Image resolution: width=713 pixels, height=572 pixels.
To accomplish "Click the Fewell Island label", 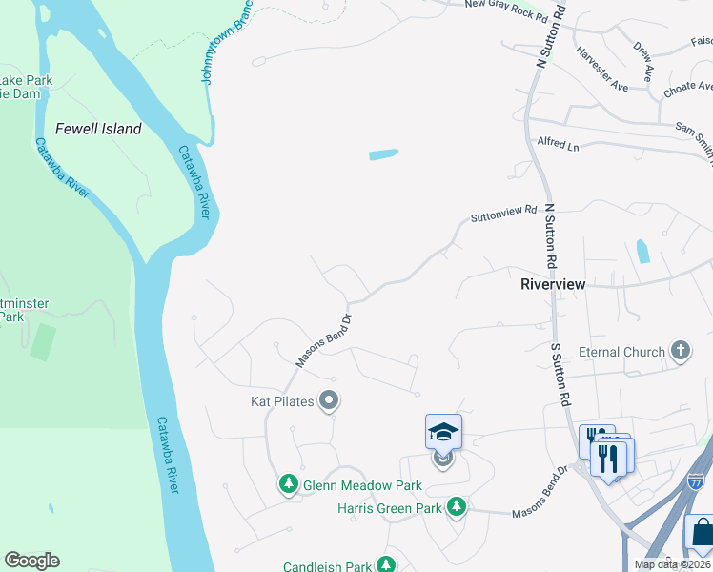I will pyautogui.click(x=98, y=129).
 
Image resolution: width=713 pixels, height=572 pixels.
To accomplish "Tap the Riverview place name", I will pyautogui.click(x=553, y=284).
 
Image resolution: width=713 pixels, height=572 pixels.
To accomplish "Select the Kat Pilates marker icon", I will pyautogui.click(x=329, y=401).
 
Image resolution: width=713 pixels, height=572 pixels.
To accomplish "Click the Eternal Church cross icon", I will pyautogui.click(x=680, y=352).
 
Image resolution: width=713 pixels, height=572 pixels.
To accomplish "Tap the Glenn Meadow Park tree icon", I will pyautogui.click(x=288, y=485).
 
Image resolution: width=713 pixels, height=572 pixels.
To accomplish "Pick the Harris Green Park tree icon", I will pyautogui.click(x=457, y=507).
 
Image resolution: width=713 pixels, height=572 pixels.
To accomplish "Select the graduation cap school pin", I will pyautogui.click(x=443, y=434).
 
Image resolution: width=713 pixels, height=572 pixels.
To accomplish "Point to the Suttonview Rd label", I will pyautogui.click(x=504, y=214).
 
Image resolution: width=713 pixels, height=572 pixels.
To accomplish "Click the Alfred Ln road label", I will pyautogui.click(x=558, y=145).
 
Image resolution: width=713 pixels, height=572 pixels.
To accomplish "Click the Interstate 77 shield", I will pyautogui.click(x=694, y=484).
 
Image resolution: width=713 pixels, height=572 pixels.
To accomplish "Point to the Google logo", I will pyautogui.click(x=31, y=561).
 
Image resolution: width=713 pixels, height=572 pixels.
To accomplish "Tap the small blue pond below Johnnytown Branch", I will pyautogui.click(x=382, y=154).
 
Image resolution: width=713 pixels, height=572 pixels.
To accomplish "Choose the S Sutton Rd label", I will pyautogui.click(x=560, y=377).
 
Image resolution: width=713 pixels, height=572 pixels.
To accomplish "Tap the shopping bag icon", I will pyautogui.click(x=703, y=533).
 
